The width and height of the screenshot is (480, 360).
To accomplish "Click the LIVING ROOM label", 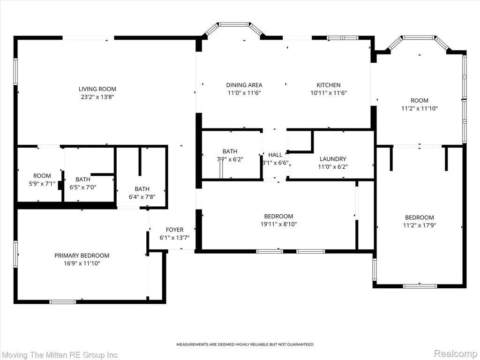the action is click(x=97, y=89).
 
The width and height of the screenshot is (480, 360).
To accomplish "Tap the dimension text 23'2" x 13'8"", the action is click(x=97, y=97).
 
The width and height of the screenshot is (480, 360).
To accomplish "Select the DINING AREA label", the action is click(x=244, y=85).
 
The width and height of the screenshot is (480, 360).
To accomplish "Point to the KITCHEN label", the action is click(x=329, y=85).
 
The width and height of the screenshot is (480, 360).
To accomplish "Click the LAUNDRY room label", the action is click(x=333, y=159).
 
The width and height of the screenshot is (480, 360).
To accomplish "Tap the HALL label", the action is click(x=275, y=155).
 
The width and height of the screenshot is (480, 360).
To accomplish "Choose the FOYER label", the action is click(x=174, y=230).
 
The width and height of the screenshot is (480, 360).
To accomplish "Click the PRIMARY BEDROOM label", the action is click(x=82, y=255).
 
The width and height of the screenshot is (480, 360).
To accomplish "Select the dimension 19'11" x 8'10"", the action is click(x=278, y=224).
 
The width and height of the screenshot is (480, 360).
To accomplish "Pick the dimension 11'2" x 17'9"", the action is click(x=420, y=225).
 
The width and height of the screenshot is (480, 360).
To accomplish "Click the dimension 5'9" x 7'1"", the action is click(x=42, y=184).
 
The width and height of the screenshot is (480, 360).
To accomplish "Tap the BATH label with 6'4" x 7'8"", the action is click(x=142, y=189).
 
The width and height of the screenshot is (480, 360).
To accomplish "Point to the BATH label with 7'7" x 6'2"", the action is click(x=230, y=151).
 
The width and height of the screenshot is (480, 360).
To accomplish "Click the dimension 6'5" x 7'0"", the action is click(x=82, y=187).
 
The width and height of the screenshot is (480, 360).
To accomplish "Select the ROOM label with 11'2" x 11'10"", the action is click(x=420, y=100).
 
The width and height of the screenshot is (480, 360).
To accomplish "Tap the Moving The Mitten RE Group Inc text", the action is click(x=60, y=355).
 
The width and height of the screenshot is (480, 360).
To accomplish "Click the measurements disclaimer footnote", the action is click(x=245, y=345).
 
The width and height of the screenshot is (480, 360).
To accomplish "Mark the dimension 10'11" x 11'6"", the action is click(x=329, y=93).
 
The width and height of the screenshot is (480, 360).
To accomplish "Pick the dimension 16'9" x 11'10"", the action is click(x=82, y=263).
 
